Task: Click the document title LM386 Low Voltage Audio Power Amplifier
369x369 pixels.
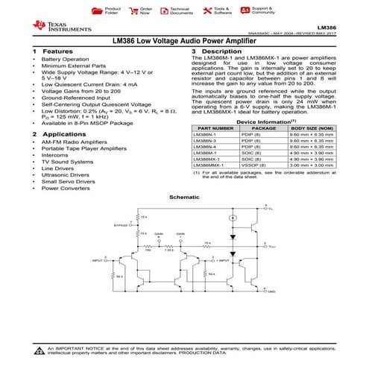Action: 184,42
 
